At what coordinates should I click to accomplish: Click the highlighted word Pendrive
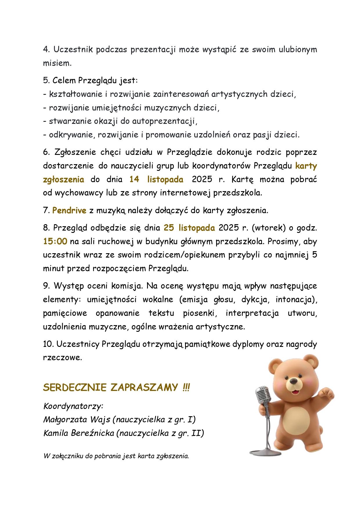69,210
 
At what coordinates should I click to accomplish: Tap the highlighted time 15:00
55,241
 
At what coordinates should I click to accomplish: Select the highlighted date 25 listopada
189,228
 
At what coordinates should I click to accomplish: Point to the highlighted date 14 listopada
156,179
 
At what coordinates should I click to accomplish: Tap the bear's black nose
294,381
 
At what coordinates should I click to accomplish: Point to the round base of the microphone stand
265,452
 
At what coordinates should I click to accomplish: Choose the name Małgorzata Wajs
77,419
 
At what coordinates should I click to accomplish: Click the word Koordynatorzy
73,406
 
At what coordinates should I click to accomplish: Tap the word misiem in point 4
57,63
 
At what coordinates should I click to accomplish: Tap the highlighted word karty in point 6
306,166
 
